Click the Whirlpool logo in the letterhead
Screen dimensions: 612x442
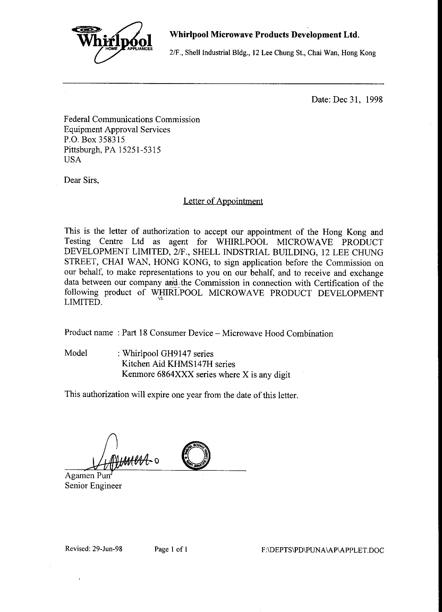click(112, 42)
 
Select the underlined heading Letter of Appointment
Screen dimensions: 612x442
click(223, 201)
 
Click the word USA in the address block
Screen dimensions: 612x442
click(72, 159)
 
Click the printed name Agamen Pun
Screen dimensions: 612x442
click(88, 475)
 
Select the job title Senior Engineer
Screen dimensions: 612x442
click(93, 486)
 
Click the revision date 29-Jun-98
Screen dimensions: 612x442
click(107, 549)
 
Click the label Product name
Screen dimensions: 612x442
click(88, 333)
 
